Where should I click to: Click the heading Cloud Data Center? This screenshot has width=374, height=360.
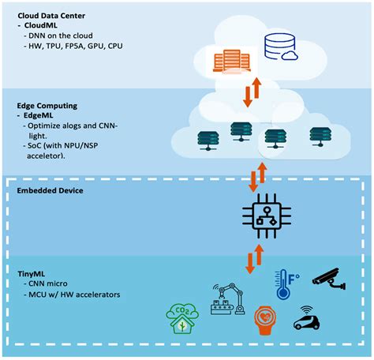pyautogui.click(x=51, y=16)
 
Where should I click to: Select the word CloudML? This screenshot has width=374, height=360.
pyautogui.click(x=40, y=25)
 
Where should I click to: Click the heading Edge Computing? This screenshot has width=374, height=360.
pyautogui.click(x=47, y=106)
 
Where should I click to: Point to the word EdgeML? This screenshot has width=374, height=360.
pyautogui.click(x=38, y=115)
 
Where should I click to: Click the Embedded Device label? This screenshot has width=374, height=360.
pyautogui.click(x=50, y=190)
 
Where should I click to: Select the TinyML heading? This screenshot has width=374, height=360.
pyautogui.click(x=32, y=274)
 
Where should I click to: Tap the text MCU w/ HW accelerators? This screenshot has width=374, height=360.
pyautogui.click(x=74, y=294)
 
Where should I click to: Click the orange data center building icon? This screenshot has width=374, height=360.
pyautogui.click(x=231, y=61)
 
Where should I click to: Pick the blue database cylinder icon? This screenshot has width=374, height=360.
pyautogui.click(x=281, y=47)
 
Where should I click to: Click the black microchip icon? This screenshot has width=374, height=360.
pyautogui.click(x=267, y=216)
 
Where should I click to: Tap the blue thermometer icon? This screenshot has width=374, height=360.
pyautogui.click(x=286, y=284)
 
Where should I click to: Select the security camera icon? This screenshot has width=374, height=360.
pyautogui.click(x=330, y=279)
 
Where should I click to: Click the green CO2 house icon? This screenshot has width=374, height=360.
pyautogui.click(x=182, y=319)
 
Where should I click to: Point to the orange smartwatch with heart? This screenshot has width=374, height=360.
pyautogui.click(x=265, y=320)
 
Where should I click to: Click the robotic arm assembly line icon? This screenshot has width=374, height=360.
pyautogui.click(x=228, y=299)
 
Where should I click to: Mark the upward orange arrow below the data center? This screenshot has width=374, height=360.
pyautogui.click(x=256, y=88)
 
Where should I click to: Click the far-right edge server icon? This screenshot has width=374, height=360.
pyautogui.click(x=320, y=137)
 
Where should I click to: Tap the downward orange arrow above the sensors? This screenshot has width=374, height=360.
pyautogui.click(x=249, y=263)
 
